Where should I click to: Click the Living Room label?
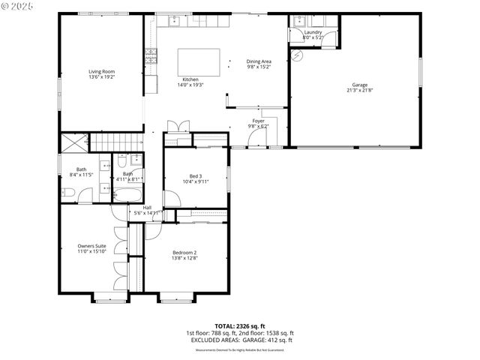[x=101, y=71]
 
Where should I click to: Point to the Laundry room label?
[x=313, y=32]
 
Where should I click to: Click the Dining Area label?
[x=259, y=61]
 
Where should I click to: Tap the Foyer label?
[x=257, y=121]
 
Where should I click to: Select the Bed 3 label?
[x=195, y=176]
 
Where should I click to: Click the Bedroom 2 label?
[x=184, y=253]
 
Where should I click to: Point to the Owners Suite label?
[x=91, y=246]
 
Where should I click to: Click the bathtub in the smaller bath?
[x=128, y=195]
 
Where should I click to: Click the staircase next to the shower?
[x=115, y=142]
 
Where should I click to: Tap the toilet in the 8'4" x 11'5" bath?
[x=67, y=193]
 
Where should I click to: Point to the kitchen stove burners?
[x=151, y=54]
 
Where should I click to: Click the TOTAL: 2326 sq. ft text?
[x=239, y=326]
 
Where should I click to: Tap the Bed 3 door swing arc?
[x=172, y=199]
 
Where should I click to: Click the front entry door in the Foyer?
[x=257, y=146]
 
